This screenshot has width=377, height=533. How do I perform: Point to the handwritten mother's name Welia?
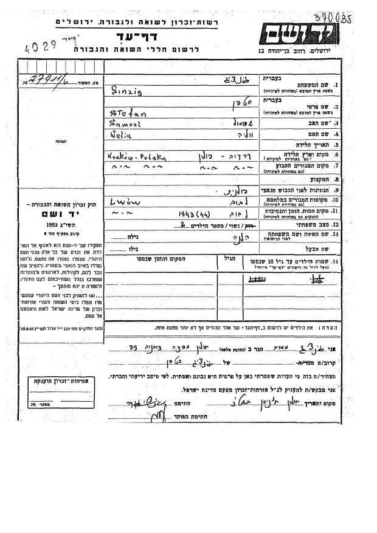click(123, 134)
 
